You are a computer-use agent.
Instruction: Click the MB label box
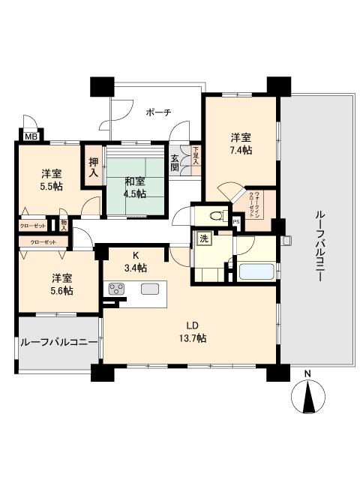30,137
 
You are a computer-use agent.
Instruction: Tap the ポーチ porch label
158,112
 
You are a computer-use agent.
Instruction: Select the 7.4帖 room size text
241,150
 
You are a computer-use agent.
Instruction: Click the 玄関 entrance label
175,163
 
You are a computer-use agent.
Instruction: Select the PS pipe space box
235,222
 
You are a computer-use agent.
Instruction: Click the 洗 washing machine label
204,239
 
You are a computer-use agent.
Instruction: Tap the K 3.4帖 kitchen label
136,262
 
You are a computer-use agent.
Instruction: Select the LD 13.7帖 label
192,331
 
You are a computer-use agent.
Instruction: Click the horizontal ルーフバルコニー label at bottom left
58,342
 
